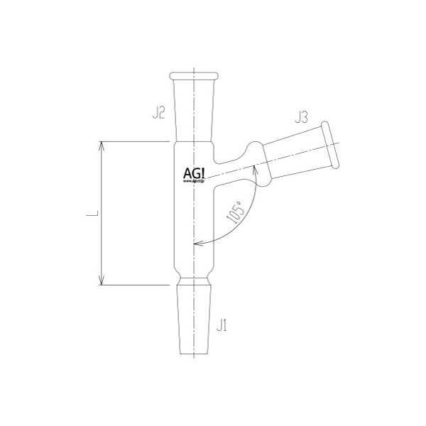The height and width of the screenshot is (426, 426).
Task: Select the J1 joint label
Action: [x=222, y=327]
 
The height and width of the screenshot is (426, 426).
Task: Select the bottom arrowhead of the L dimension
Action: [x=104, y=280]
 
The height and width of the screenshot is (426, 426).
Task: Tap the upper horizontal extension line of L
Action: [x=135, y=142]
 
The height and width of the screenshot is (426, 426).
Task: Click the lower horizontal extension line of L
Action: [x=135, y=285]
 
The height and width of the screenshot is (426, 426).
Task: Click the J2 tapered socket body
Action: [x=194, y=106]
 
